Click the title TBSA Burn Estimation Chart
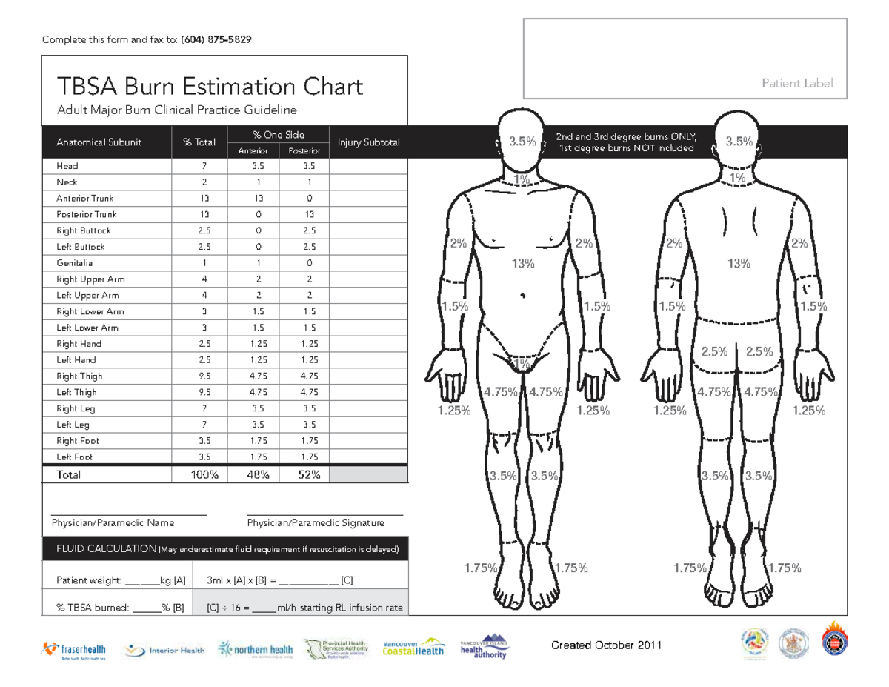click(210, 87)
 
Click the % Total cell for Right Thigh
click(204, 376)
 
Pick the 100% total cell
click(204, 475)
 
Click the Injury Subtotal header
click(368, 142)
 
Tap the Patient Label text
click(797, 84)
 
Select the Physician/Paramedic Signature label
click(315, 523)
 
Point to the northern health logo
click(256, 650)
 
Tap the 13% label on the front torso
click(523, 263)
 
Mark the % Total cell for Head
click(204, 166)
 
